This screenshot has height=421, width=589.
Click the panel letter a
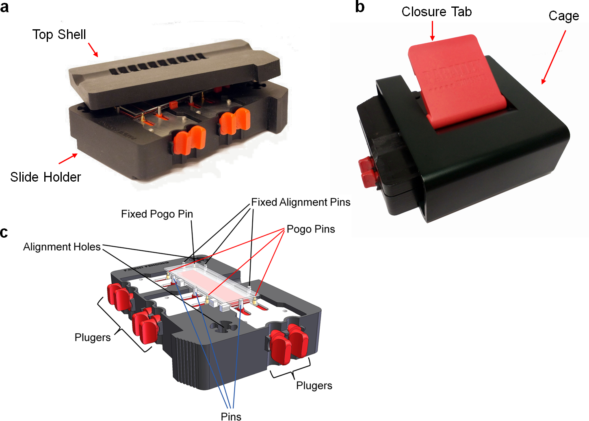(4, 7)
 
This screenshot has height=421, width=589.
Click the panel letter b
(359, 7)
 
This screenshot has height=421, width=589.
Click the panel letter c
(4, 232)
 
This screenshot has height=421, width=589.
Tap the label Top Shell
(59, 35)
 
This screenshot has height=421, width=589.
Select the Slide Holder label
(45, 177)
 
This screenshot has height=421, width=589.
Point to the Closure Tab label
(437, 12)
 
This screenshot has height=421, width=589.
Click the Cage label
(563, 16)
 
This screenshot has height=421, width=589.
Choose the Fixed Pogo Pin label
(157, 214)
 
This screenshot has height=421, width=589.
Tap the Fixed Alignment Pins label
(301, 202)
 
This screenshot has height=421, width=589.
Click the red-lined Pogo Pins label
(311, 229)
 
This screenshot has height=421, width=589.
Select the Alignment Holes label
(62, 247)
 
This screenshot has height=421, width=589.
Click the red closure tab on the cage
(451, 81)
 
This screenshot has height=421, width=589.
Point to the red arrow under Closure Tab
(432, 30)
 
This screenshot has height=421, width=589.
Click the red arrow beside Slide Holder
(68, 158)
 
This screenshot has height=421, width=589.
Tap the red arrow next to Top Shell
(93, 50)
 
